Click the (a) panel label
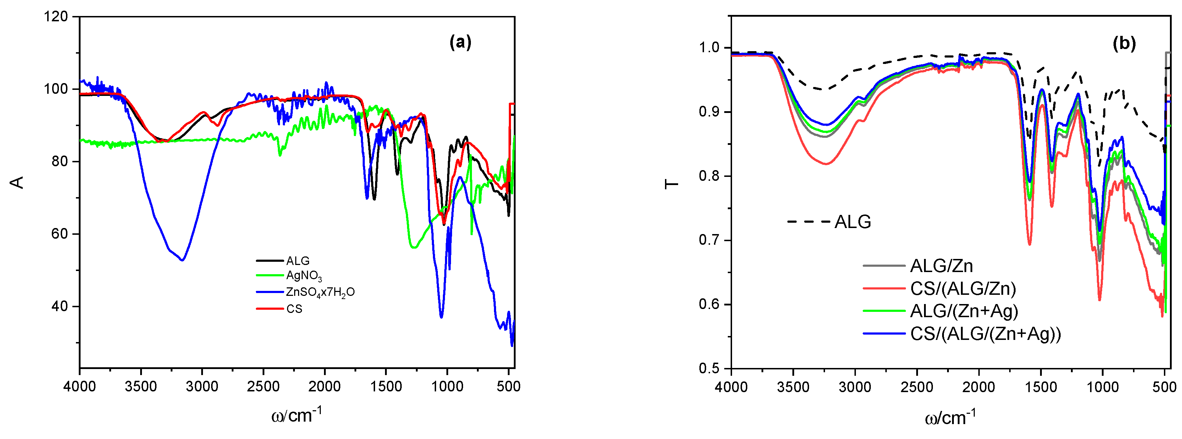460,42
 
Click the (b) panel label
1124,44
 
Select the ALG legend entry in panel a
297,261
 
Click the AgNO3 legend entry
303,276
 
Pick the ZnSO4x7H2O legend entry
320,292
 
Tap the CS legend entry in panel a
294,309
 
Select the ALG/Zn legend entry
941,266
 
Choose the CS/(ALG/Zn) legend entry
963,288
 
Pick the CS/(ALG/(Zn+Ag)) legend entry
985,334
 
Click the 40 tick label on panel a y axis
59,306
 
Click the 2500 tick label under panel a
263,387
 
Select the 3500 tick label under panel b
793,387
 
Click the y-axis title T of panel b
672,185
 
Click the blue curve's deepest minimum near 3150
183,260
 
